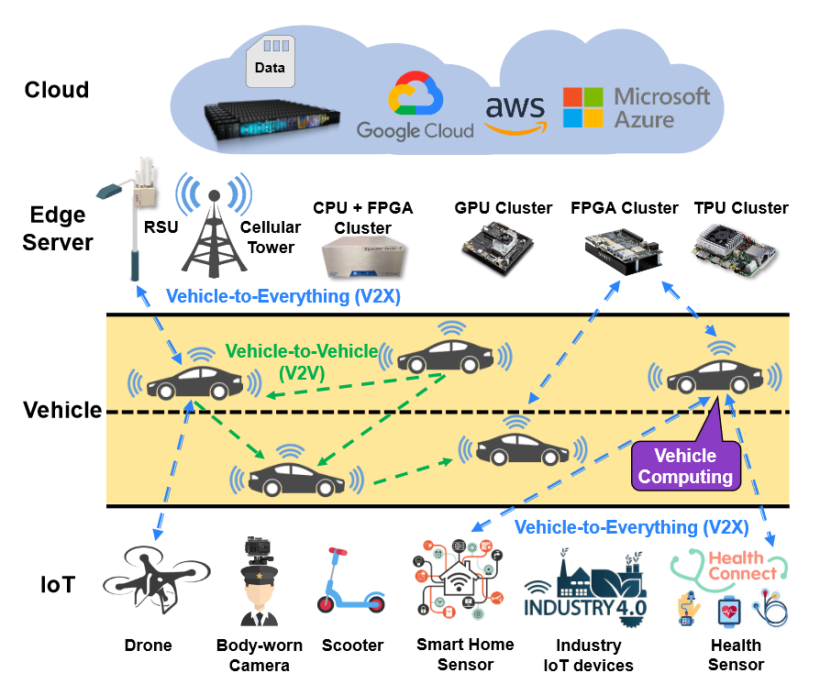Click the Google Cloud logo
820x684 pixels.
[416, 108]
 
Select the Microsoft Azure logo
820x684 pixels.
[637, 108]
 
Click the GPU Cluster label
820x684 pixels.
[504, 208]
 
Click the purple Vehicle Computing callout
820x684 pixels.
[685, 465]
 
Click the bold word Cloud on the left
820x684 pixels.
[57, 90]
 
